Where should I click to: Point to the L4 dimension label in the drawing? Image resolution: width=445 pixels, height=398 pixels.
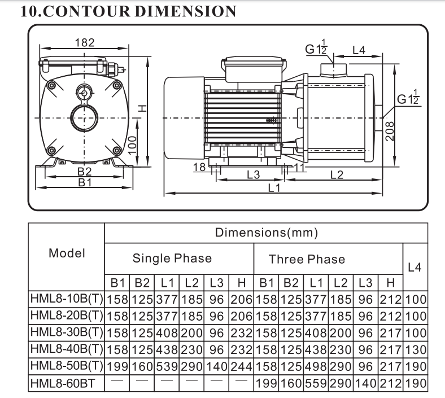point(359,50)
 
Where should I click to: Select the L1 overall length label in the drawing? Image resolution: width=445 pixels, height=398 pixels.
point(274,188)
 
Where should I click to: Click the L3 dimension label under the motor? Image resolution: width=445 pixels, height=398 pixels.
point(253,175)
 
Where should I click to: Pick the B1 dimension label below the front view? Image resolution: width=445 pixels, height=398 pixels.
point(85,183)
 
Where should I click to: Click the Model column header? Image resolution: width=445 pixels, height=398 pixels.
point(67,253)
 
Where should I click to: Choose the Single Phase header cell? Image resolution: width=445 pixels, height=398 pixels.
point(172,259)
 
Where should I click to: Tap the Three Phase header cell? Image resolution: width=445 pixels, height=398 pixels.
point(307,260)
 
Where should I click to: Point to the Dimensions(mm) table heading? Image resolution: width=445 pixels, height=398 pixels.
point(267,233)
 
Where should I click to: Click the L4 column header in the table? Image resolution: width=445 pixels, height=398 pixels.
point(415,268)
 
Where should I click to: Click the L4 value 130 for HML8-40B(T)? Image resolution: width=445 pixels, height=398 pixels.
point(415,347)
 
